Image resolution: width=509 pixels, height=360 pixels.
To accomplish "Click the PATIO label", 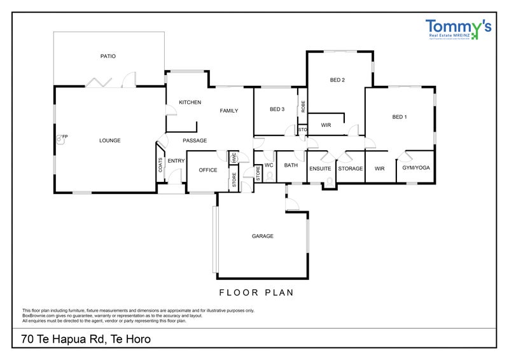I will pyautogui.click(x=108, y=56).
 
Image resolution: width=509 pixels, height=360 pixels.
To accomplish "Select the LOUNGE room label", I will pyautogui.click(x=109, y=141).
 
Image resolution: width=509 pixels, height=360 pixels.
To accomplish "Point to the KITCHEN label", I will pyautogui.click(x=190, y=102).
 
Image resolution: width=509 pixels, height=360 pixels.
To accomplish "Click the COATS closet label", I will pyautogui.click(x=161, y=165).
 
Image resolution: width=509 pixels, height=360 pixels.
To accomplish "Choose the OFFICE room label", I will pyautogui.click(x=208, y=170).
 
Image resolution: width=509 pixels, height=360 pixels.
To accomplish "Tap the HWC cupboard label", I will pyautogui.click(x=234, y=156).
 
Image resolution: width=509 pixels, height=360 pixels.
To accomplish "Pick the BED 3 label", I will pyautogui.click(x=277, y=109).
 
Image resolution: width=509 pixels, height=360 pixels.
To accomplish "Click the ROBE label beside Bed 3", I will pyautogui.click(x=303, y=107).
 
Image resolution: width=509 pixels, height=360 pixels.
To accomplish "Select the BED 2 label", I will pyautogui.click(x=337, y=80).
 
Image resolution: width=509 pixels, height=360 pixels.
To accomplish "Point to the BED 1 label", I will pyautogui.click(x=399, y=117).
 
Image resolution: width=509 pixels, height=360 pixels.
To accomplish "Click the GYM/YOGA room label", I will pyautogui.click(x=417, y=169).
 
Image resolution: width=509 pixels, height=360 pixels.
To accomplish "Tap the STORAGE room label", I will pyautogui.click(x=351, y=169).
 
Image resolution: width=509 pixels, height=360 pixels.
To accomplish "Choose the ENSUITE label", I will pyautogui.click(x=320, y=169).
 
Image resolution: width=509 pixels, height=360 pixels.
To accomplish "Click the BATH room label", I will pyautogui.click(x=291, y=165).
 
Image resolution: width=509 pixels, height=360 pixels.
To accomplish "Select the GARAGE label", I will pyautogui.click(x=262, y=236).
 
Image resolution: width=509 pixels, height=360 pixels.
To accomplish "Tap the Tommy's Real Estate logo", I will pyautogui.click(x=458, y=31).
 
